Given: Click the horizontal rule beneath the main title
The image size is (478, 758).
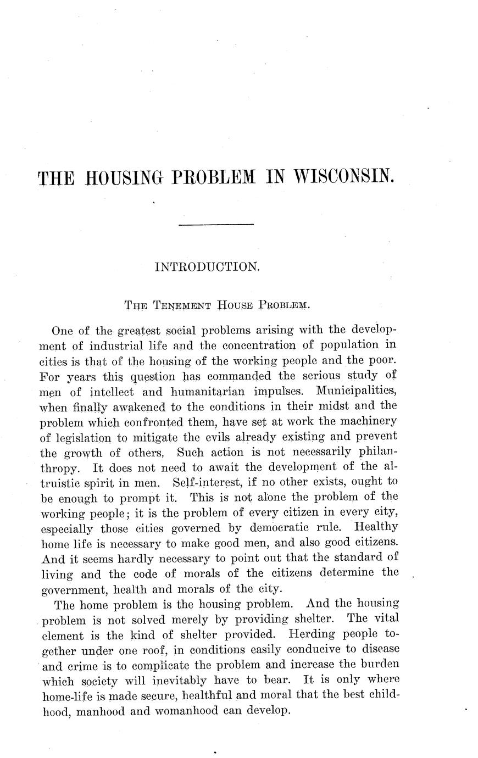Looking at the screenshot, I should [216, 225].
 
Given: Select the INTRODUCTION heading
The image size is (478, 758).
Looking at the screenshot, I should [207, 267].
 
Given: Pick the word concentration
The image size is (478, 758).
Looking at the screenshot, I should [255, 346].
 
